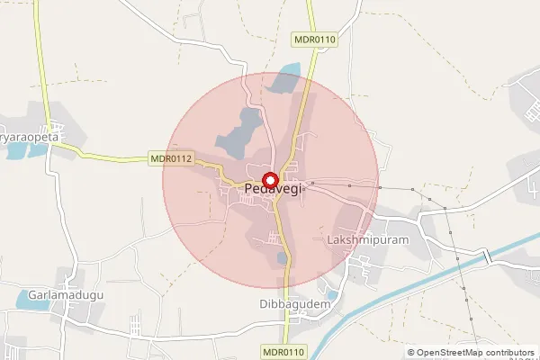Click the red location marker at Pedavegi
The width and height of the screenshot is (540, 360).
click(269, 178)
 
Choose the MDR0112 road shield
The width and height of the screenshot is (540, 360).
click(171, 159)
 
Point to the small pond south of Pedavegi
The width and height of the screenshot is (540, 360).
click(283, 259)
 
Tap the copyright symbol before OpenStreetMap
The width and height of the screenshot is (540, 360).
click(411, 353)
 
